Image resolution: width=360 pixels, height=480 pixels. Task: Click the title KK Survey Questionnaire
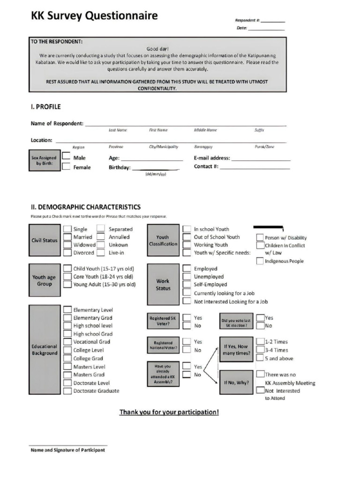click(94, 16)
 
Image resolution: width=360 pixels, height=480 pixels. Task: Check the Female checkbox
click(67, 167)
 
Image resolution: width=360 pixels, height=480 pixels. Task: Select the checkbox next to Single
click(67, 229)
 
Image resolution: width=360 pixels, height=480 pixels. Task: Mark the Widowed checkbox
click(67, 245)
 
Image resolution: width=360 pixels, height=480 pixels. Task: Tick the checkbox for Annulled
click(100, 237)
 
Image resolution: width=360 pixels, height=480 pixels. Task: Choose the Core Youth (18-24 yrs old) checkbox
click(67, 277)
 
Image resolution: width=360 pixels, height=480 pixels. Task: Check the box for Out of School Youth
click(187, 237)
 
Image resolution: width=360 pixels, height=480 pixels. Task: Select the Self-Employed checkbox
click(187, 285)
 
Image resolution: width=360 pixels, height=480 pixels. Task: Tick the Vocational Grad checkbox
click(67, 342)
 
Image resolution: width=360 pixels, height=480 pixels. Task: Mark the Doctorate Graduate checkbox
click(67, 390)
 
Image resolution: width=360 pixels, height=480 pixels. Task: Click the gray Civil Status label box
click(45, 240)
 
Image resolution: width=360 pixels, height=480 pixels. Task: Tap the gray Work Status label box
click(163, 285)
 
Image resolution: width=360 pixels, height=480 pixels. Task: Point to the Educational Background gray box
click(45, 350)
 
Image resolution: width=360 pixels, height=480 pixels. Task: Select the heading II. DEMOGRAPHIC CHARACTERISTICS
click(85, 207)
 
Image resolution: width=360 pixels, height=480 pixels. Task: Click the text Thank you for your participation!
click(169, 412)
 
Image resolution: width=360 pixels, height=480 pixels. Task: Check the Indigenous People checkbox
click(260, 261)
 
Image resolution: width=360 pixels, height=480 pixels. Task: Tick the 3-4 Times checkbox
click(260, 350)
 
